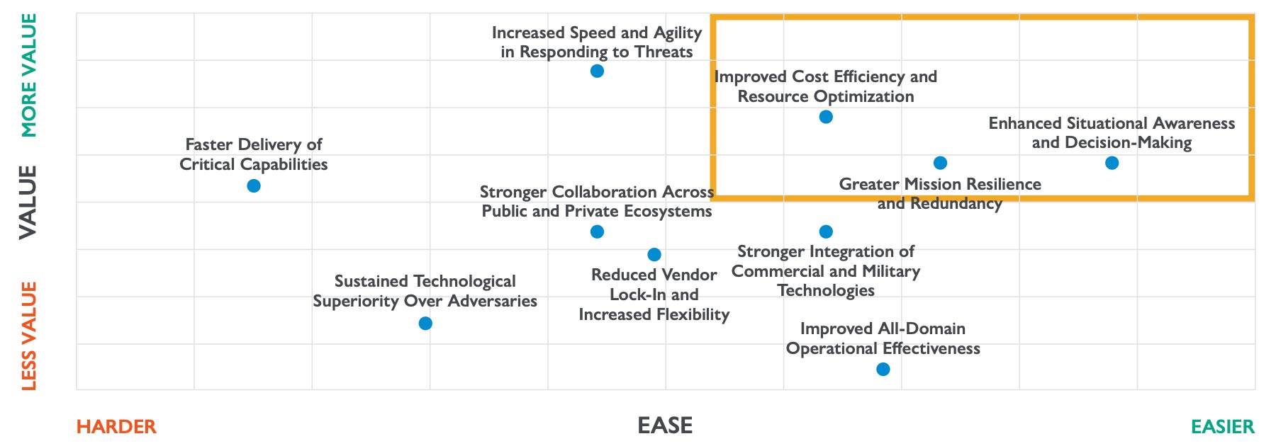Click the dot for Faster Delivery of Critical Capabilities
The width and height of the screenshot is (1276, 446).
point(254,185)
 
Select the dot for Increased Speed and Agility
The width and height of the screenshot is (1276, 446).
point(597,71)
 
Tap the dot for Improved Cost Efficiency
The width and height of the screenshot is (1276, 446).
point(826,117)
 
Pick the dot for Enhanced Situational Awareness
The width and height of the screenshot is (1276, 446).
point(1112,163)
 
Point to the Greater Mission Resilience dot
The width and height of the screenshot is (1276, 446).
point(940,163)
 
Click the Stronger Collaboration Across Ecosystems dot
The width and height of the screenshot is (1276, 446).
point(597,231)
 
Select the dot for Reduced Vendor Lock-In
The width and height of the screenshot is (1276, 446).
point(654,254)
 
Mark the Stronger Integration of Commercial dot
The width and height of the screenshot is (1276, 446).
point(826,231)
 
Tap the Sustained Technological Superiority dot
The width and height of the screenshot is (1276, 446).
point(425,324)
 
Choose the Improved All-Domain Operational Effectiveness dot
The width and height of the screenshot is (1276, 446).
point(883,369)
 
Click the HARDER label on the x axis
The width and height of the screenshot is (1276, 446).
point(116,427)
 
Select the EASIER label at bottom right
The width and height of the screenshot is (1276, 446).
point(1222,427)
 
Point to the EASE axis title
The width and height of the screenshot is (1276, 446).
point(665,425)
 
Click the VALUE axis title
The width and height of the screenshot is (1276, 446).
point(28,202)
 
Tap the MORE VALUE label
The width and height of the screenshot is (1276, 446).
point(28,75)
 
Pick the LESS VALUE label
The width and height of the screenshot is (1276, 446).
point(28,336)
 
